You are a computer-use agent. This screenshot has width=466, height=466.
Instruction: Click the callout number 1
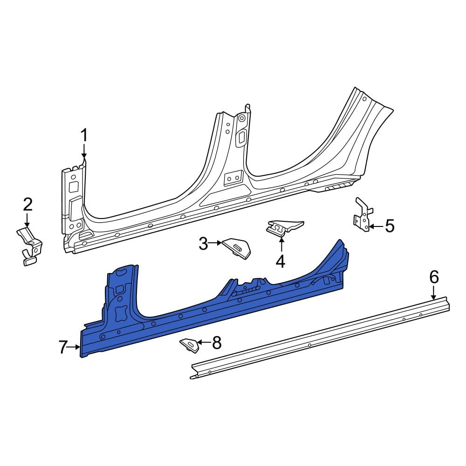coord(84,135)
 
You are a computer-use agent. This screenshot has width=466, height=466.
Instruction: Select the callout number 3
coord(203,244)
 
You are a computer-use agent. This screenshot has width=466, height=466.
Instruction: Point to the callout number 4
coord(281,262)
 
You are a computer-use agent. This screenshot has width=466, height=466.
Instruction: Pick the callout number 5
coord(390,226)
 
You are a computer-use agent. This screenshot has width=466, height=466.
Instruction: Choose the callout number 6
coord(434,277)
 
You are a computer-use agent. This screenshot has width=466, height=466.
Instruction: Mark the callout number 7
coord(63,347)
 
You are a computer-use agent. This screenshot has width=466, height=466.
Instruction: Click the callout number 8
coord(217,343)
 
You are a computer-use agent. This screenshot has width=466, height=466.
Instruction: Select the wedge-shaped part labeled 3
coord(237,247)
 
